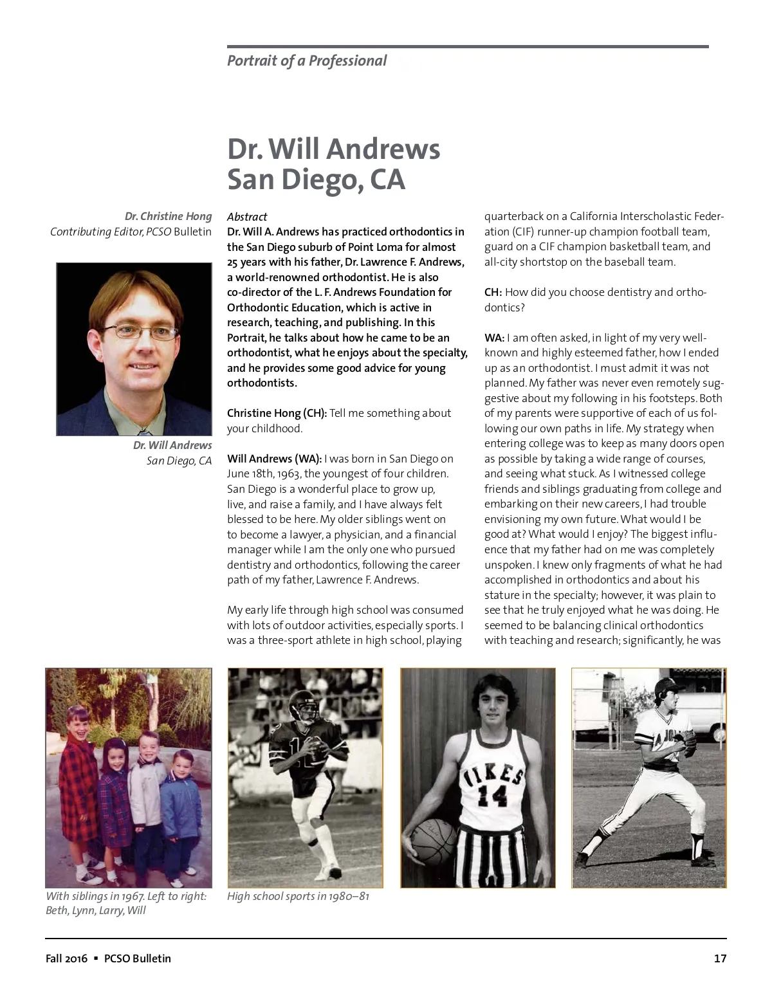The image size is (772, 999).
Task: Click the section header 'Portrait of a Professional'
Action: tap(307, 61)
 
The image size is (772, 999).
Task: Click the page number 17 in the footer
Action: tap(720, 958)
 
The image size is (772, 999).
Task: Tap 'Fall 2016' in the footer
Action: tap(66, 958)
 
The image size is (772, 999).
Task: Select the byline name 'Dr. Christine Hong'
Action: tap(168, 216)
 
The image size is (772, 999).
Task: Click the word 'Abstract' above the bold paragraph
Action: tap(247, 217)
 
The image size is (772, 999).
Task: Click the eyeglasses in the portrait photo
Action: tap(146, 331)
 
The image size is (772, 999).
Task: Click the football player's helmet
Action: tap(302, 704)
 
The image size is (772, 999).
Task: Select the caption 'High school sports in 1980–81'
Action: tap(298, 896)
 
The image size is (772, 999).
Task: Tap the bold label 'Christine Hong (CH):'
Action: tap(277, 413)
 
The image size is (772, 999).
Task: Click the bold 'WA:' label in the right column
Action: tap(494, 338)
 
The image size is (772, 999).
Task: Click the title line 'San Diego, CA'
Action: tap(316, 179)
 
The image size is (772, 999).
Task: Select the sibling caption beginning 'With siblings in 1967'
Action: tap(126, 903)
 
